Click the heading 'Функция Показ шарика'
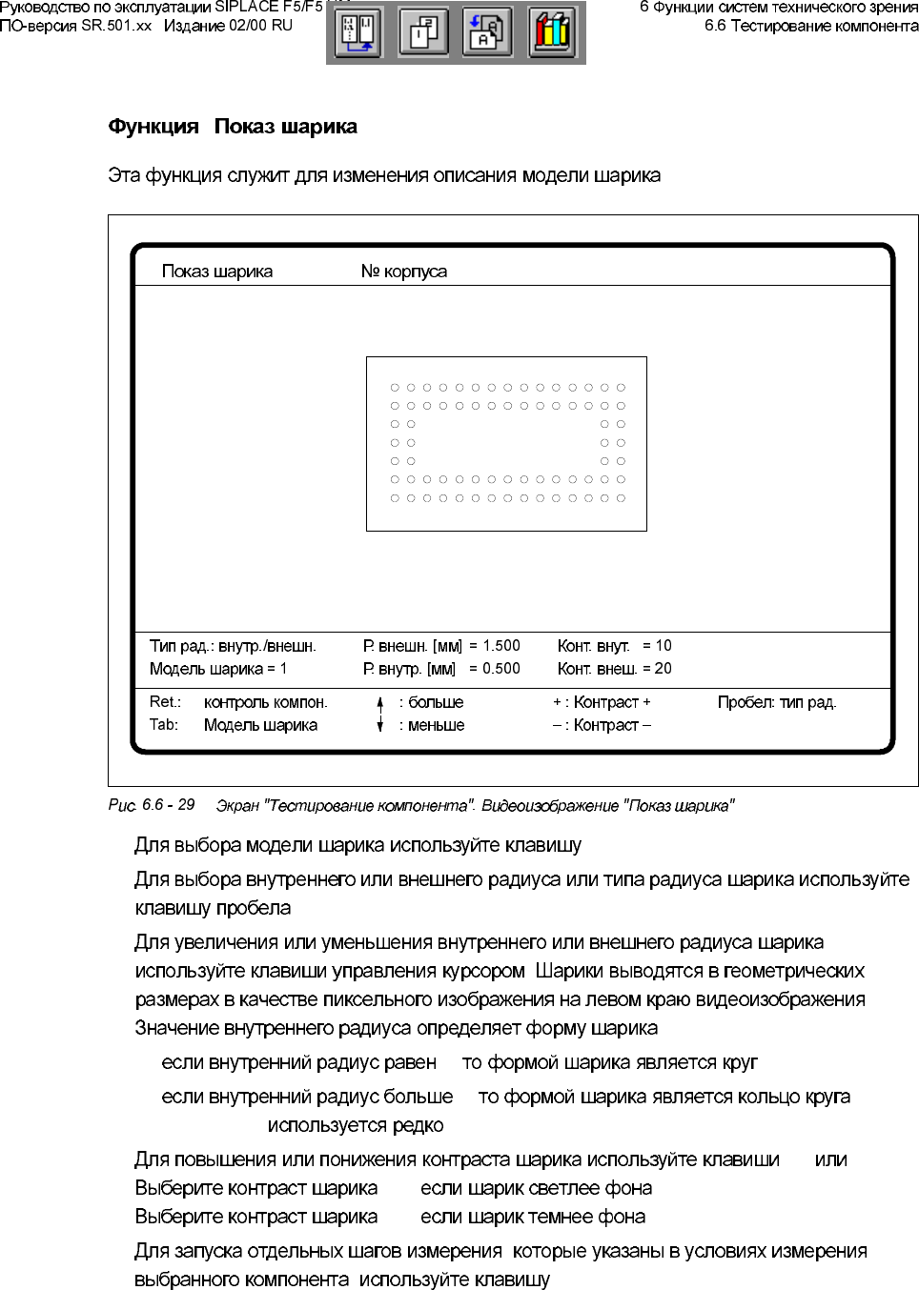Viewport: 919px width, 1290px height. pos(233,127)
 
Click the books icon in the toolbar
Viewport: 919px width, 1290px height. pos(552,33)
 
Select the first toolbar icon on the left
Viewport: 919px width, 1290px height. pos(358,33)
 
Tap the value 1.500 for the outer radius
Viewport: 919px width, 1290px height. pos(501,646)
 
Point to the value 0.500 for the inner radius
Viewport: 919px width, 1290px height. pos(501,669)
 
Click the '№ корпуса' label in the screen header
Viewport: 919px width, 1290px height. pos(403,272)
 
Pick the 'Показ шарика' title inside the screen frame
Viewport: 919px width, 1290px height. pos(216,272)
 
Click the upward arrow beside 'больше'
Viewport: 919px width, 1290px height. pos(379,703)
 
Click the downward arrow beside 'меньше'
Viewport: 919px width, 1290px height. pos(379,726)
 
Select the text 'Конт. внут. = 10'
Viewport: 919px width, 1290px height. pos(614,646)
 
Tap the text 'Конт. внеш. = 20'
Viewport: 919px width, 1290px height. pos(614,669)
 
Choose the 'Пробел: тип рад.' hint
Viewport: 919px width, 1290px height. pos(776,703)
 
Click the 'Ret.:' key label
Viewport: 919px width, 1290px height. pos(165,702)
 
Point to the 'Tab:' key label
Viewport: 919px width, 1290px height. pos(164,725)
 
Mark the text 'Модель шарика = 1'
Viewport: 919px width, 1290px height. pos(217,669)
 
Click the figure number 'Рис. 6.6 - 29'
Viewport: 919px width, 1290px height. pos(152,805)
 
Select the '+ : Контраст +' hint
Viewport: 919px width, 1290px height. pos(602,703)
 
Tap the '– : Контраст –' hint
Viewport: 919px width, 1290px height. pos(602,726)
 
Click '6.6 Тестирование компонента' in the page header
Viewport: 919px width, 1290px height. pos(811,26)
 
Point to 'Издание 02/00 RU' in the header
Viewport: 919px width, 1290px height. pos(228,26)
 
